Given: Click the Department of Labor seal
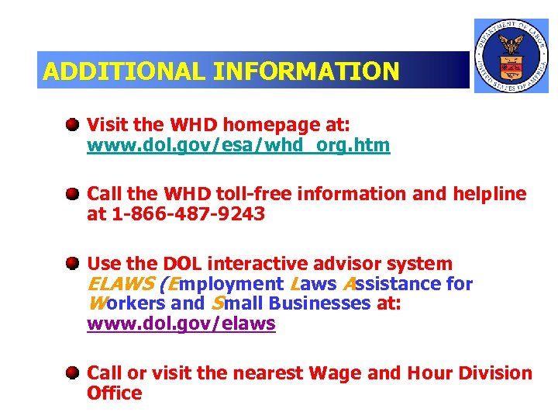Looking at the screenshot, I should pyautogui.click(x=511, y=55).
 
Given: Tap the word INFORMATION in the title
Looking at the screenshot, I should pyautogui.click(x=306, y=71).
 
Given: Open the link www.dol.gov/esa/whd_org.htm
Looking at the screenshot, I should pyautogui.click(x=238, y=145).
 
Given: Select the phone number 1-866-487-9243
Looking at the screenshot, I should pyautogui.click(x=187, y=214).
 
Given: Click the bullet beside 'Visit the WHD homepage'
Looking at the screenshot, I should pyautogui.click(x=72, y=124).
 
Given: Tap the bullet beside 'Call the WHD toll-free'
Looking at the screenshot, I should pyautogui.click(x=72, y=193).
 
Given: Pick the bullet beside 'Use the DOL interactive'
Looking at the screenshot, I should pyautogui.click(x=72, y=264).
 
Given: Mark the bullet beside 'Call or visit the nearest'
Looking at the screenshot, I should pyautogui.click(x=72, y=373).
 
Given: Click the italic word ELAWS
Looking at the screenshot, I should pyautogui.click(x=120, y=284).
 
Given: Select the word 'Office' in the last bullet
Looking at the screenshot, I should pyautogui.click(x=115, y=393).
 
